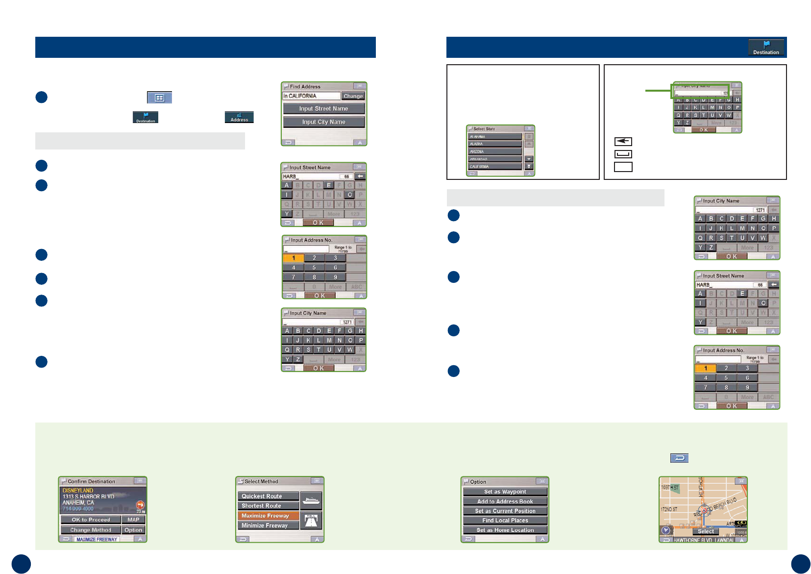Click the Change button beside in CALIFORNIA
coord(353,96)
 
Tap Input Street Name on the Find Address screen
coord(323,109)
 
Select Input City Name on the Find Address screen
coord(323,122)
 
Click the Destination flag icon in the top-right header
coord(766,48)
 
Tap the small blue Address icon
coord(239,117)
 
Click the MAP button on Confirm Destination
coord(133,520)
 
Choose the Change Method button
coord(91,530)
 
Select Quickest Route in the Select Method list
coord(268,496)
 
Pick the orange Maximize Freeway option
coord(268,516)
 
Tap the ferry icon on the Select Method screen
coord(311,500)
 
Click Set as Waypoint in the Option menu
coord(505,492)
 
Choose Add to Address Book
coord(505,501)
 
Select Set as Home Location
coord(505,530)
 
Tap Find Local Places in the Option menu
coord(505,521)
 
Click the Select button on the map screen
coord(706,531)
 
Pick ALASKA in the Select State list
coord(494,144)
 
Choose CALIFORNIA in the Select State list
coord(494,167)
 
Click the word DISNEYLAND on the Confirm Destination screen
coord(78,490)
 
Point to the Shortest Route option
coord(268,506)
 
